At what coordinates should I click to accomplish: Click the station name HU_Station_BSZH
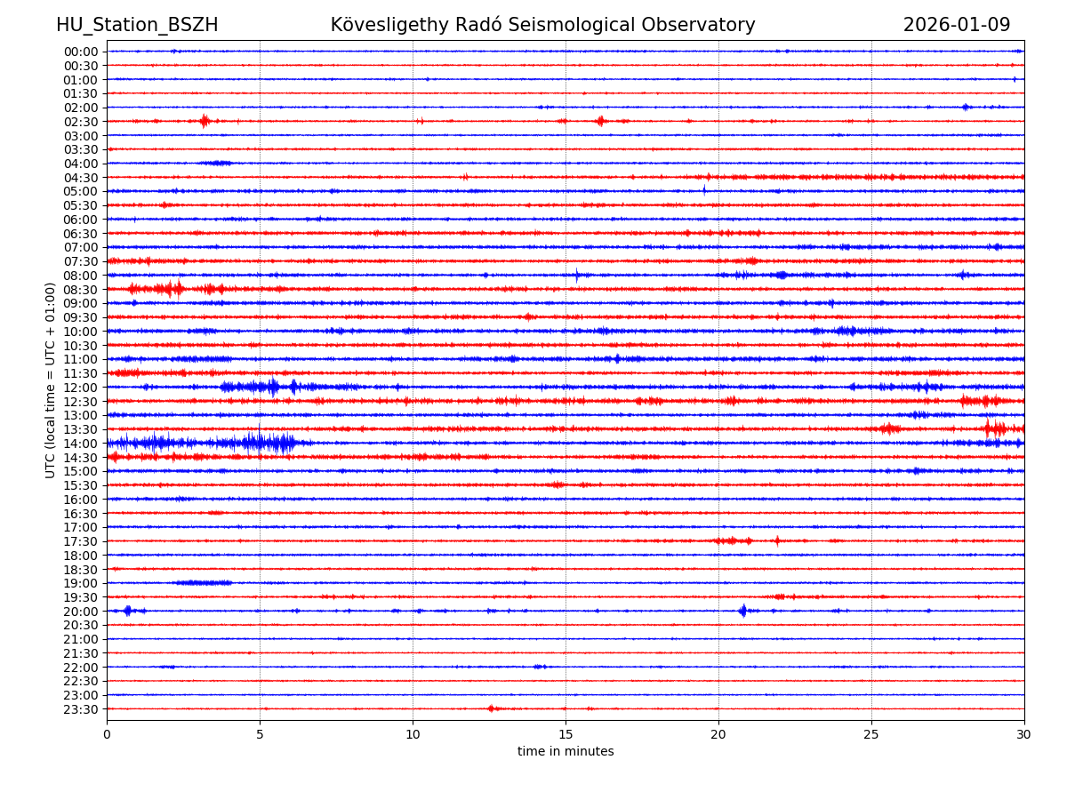pos(137,25)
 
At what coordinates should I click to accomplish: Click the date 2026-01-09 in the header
pos(957,25)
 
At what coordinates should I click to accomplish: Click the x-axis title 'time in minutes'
pos(566,752)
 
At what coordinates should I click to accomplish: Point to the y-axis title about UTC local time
pos(51,380)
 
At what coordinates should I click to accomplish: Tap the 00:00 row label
pos(81,52)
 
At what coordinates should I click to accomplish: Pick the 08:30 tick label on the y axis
pos(81,290)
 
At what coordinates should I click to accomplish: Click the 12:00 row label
pos(81,388)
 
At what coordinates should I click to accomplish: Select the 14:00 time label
pos(81,444)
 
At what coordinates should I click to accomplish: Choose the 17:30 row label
pos(81,541)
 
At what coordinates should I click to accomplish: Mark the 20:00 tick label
pos(81,612)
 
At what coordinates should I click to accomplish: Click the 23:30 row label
pos(81,709)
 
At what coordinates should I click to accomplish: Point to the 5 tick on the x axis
pos(260,734)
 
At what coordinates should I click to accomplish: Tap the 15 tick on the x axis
pos(566,734)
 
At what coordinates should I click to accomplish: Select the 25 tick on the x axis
pos(871,734)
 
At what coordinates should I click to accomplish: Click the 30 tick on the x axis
pos(1024,734)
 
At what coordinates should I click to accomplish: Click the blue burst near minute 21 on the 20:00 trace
pos(743,611)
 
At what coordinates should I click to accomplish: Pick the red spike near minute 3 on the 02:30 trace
pos(205,121)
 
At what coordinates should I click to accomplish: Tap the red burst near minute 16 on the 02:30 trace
pos(601,121)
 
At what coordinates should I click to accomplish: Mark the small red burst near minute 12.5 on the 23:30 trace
pos(492,708)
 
